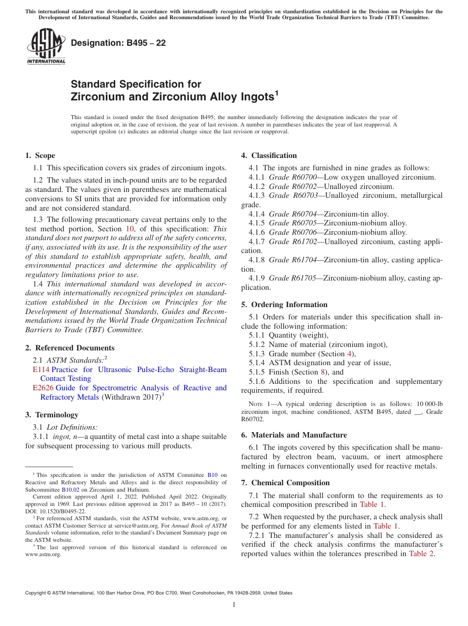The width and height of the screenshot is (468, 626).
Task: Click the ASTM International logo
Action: tap(46, 46)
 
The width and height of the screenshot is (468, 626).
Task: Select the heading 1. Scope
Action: tap(40, 156)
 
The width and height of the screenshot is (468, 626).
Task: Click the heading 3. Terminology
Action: tap(51, 415)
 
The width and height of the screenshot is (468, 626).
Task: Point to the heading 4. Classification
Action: tap(268, 156)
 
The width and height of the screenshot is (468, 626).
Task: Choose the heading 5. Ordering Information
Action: tap(284, 305)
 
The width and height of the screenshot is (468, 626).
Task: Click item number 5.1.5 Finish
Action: tap(258, 372)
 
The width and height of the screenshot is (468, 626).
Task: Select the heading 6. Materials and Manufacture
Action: tap(294, 435)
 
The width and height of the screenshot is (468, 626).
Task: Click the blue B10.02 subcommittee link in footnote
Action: tap(69, 490)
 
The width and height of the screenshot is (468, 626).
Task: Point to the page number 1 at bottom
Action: tap(234, 605)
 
